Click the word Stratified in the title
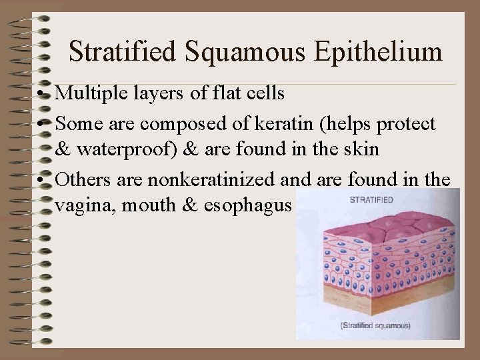point(122,51)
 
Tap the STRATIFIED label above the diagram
point(371,199)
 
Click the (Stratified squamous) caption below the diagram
point(375,326)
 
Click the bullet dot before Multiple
point(41,94)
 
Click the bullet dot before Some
point(41,125)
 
